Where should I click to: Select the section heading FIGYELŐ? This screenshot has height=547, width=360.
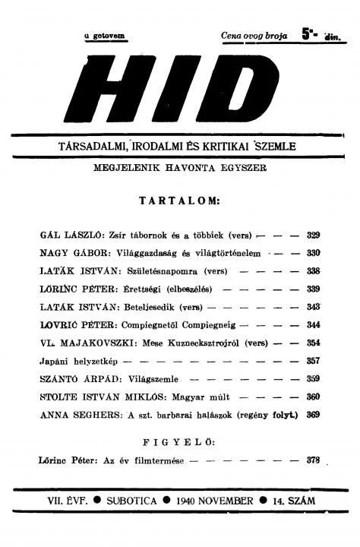(x=179, y=441)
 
